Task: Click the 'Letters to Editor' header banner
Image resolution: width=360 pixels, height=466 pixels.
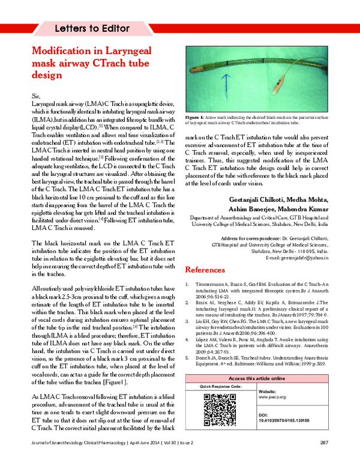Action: (93, 28)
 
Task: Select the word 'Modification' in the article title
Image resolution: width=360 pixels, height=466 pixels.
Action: (64, 52)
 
